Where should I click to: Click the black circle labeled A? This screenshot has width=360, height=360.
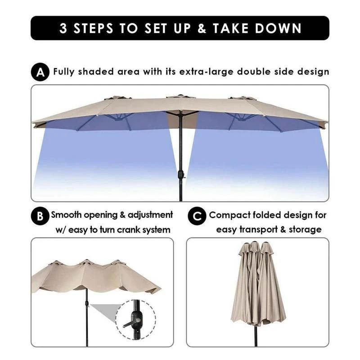[x=40, y=72]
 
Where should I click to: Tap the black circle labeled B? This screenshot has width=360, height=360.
[x=40, y=216]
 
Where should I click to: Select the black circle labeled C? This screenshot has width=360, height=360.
[x=197, y=216]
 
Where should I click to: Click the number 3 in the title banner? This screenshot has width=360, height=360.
[x=64, y=28]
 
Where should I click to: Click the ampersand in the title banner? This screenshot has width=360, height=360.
[x=202, y=28]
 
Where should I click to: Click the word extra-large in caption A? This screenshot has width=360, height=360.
[x=206, y=72]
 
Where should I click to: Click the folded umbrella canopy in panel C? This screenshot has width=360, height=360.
[x=258, y=283]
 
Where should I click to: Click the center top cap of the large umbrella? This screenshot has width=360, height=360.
[x=180, y=96]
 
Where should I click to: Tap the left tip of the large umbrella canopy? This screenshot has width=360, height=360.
[x=34, y=122]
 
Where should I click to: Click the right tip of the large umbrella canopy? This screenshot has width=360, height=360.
[x=326, y=123]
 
